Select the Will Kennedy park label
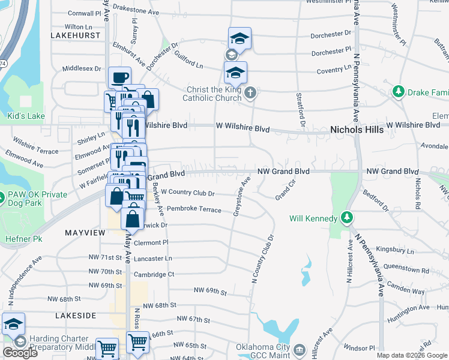point(313,218)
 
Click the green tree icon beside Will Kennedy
point(346,217)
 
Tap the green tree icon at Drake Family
point(397,92)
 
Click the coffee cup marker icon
point(119,77)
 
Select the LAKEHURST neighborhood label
point(76,36)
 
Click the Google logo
point(20,352)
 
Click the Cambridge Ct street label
point(154,274)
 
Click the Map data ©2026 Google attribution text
point(411,355)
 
